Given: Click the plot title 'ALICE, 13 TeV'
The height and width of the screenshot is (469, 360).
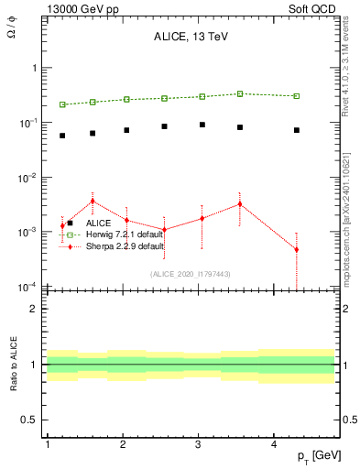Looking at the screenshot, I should pos(191,38).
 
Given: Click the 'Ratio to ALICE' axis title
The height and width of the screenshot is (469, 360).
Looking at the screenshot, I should pos(13,365).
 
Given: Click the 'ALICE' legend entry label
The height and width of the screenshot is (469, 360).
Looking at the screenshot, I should pos(99,224).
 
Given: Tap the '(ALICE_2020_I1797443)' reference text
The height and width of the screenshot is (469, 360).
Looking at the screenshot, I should pos(191,274).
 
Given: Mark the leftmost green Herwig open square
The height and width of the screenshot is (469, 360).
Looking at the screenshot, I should pos(62,104).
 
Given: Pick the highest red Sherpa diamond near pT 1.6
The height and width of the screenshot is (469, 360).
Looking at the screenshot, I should pos(93,201).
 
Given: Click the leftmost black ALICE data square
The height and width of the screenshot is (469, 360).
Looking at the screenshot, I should pos(62,136).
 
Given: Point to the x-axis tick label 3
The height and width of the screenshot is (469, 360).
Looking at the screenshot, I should pos(199,444).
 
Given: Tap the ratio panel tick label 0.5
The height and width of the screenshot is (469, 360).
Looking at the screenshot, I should pos(27,420).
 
